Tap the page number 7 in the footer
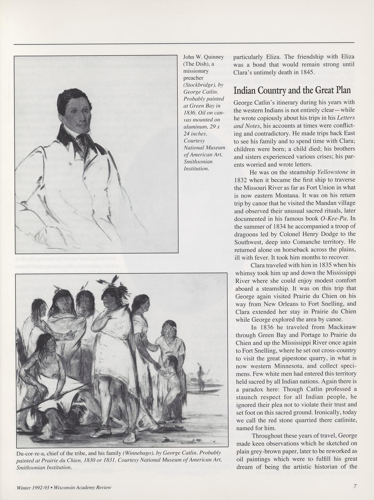(356, 487)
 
